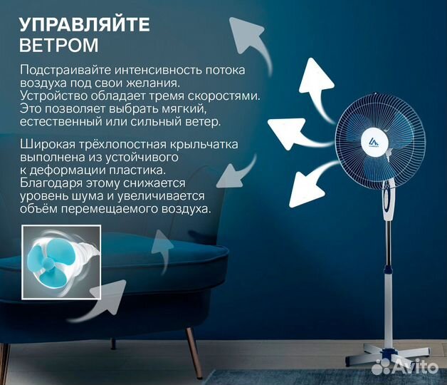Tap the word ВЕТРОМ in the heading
(59, 46)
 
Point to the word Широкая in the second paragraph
(45, 145)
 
